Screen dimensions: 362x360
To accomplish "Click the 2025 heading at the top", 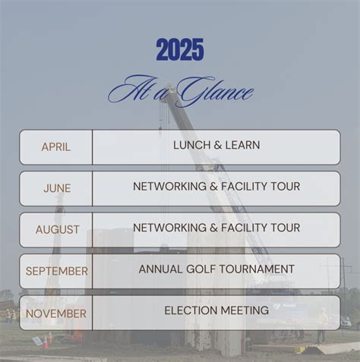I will coord(180,51).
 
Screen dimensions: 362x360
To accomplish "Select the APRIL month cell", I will coord(56,147).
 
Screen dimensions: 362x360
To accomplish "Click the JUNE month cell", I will coord(57,188).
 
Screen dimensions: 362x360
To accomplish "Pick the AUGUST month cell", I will coord(57,229).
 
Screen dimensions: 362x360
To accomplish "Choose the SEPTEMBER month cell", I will coord(57,271).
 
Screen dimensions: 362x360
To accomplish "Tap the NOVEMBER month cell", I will coord(57,313).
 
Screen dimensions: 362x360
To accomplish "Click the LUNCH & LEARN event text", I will coord(216,145).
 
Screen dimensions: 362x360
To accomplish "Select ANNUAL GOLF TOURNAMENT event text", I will coord(216,269).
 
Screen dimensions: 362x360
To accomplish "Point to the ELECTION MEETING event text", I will coord(216,310).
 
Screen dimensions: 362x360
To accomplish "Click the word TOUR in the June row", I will coord(285,186).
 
